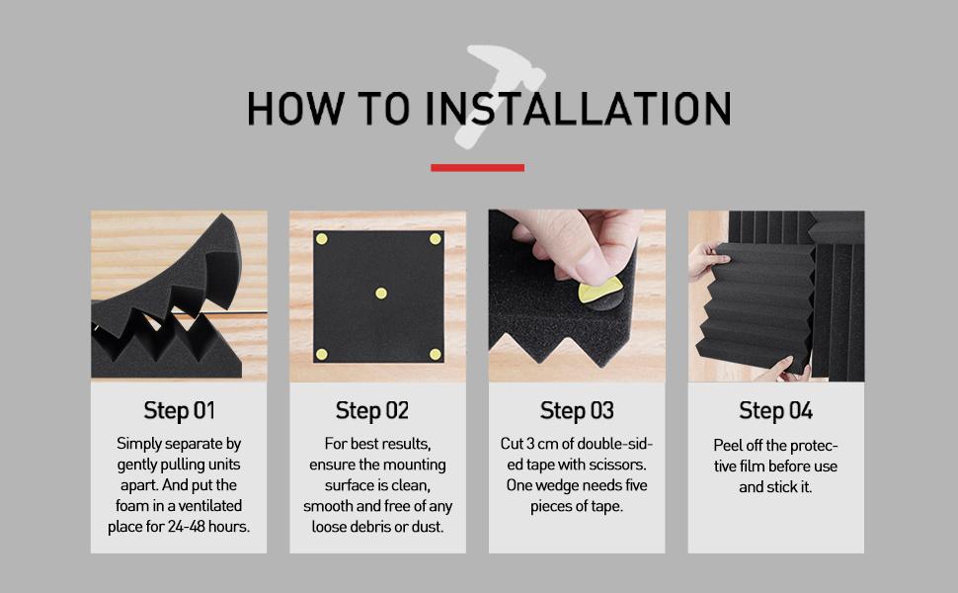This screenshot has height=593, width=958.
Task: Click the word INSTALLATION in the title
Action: (x=578, y=109)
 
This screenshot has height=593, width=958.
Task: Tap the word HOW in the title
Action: (x=295, y=109)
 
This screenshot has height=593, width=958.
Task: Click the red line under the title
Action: (x=477, y=167)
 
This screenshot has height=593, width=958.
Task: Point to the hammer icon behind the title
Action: (x=503, y=92)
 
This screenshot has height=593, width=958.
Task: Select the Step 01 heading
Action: (x=179, y=410)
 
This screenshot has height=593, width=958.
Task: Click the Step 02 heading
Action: (x=372, y=410)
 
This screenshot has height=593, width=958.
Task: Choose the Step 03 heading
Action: (x=577, y=410)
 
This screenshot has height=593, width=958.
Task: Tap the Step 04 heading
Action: (x=776, y=410)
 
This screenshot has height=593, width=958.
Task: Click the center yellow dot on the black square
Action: (x=381, y=294)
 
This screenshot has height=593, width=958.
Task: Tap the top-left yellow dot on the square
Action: (x=322, y=239)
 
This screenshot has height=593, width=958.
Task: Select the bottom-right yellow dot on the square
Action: (x=436, y=354)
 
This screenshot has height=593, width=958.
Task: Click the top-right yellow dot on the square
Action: (x=436, y=239)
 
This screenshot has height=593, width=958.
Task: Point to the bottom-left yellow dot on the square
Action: (x=322, y=354)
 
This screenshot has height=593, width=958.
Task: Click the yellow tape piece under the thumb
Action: (x=598, y=290)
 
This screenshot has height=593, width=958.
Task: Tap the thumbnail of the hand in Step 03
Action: (x=593, y=263)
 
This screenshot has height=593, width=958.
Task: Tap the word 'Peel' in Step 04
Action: (x=728, y=445)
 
